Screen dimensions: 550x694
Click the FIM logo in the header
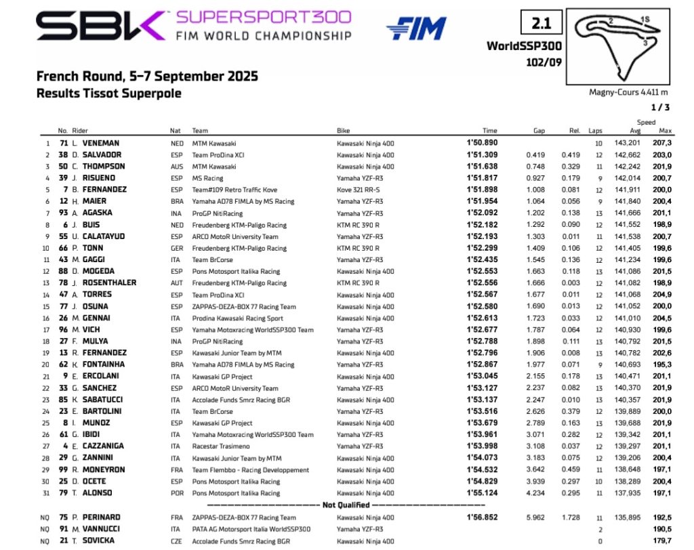(417, 28)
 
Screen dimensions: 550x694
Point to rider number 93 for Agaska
(62, 211)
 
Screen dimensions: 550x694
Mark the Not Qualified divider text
(346, 505)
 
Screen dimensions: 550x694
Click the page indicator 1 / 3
(659, 107)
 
